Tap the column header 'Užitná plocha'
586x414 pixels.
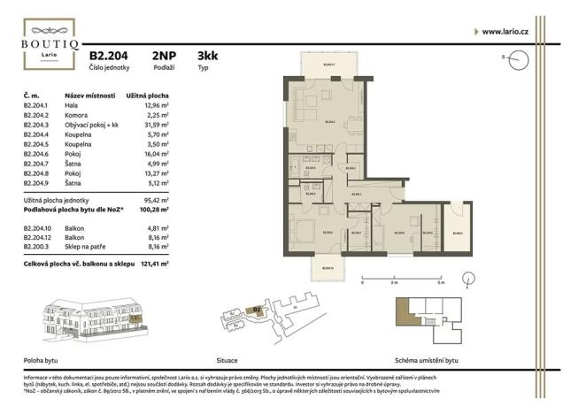[147, 95]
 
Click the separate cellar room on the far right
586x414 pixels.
[458, 232]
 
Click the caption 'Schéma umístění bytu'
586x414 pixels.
[427, 361]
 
